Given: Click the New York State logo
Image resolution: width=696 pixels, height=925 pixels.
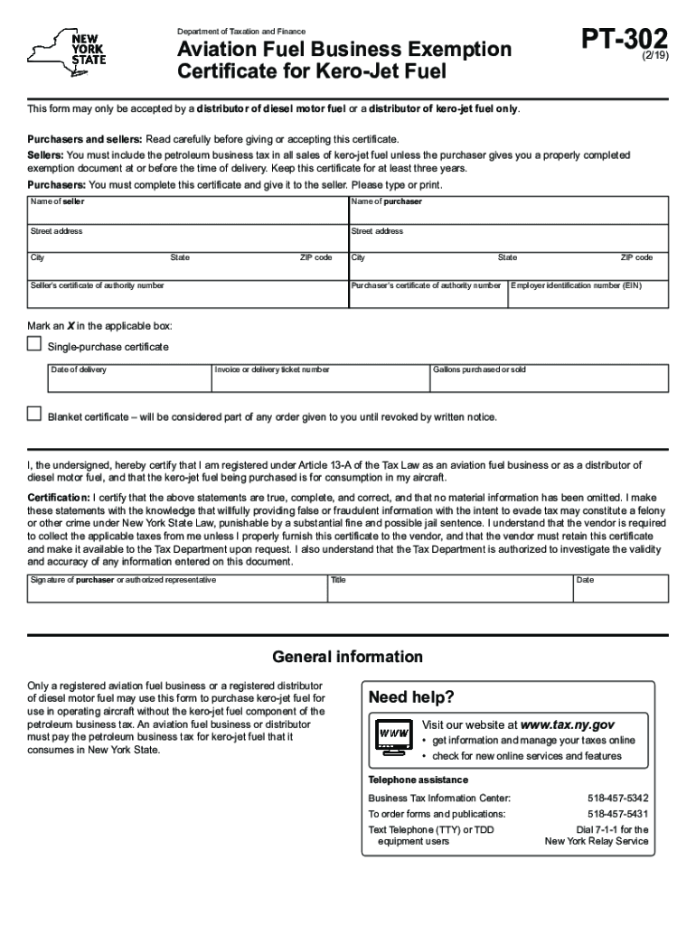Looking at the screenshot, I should (68, 52).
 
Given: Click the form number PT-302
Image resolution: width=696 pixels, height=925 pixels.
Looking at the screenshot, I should (626, 40).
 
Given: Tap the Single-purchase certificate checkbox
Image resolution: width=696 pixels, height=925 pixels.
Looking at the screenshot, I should (34, 344).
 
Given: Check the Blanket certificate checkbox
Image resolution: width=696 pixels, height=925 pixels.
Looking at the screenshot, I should (34, 415).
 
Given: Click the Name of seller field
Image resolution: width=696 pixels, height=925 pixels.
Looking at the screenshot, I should (187, 211).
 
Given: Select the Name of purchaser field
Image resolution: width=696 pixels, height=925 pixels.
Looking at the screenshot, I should (509, 211).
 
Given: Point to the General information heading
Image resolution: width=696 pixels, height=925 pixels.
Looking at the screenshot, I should (347, 657).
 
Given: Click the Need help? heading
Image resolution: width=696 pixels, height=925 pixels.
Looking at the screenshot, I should (411, 698).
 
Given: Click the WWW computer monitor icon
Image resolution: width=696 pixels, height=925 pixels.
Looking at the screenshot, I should (393, 734).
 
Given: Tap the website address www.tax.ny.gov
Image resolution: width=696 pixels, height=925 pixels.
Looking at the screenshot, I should (568, 724).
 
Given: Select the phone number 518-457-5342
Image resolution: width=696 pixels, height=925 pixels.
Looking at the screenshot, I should (617, 799).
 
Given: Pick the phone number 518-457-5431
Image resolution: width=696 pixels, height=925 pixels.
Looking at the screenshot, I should (617, 814).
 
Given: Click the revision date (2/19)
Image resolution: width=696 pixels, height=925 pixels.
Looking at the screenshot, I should (655, 55).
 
